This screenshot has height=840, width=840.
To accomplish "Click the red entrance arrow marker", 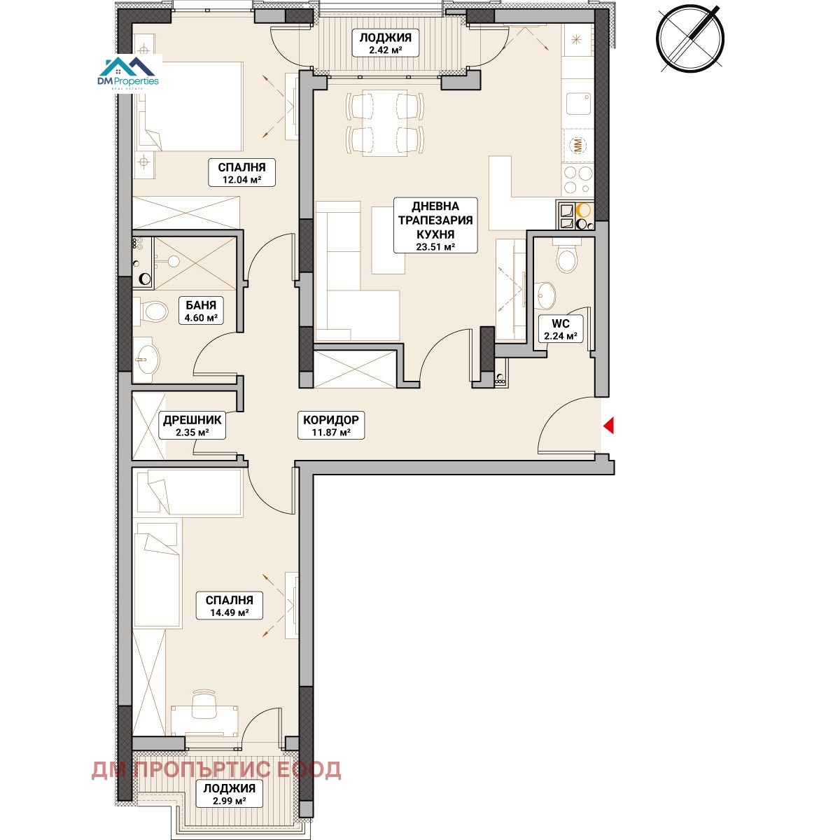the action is (608, 425).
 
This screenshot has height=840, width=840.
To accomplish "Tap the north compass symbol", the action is (690, 38).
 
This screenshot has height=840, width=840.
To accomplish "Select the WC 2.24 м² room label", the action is (560, 330).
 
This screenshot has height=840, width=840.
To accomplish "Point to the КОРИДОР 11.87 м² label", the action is (331, 426).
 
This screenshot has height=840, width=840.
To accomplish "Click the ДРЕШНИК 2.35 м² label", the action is (192, 426).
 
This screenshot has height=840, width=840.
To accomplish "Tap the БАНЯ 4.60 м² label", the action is (201, 311).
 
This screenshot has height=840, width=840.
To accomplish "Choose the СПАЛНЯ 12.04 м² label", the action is (241, 173).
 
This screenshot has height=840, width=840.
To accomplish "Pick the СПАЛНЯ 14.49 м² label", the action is (230, 605).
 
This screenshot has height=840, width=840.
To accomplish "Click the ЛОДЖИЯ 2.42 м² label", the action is (385, 43).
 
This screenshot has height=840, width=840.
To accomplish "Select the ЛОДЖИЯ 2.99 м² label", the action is (230, 794).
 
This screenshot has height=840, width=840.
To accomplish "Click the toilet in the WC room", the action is (566, 257).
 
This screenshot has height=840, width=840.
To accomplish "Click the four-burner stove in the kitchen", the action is (577, 180).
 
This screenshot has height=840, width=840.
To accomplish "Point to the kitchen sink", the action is (578, 104).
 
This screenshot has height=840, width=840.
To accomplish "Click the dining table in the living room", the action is (385, 122).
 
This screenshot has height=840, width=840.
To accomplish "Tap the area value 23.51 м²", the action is (435, 246).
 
